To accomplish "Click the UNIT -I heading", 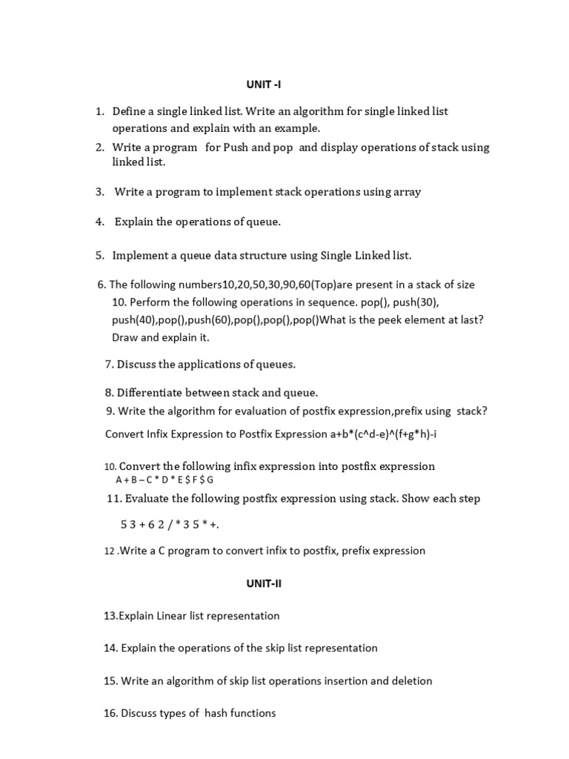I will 263,84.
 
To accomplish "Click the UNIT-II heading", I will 264,583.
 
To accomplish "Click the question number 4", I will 99,222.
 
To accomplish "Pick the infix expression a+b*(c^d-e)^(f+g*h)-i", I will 383,434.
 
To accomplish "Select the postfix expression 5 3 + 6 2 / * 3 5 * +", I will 170,525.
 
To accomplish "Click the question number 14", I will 110,648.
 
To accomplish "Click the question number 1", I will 99,111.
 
